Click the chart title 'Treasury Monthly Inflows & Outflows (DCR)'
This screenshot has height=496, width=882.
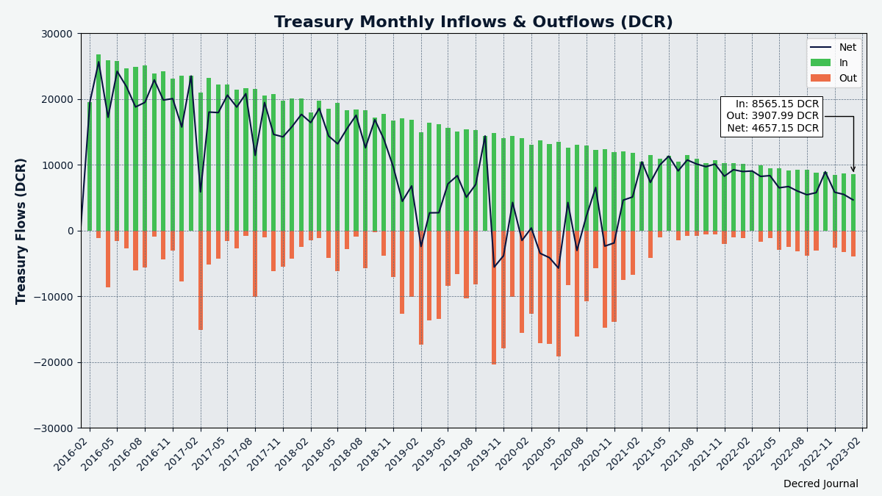pos(473,21)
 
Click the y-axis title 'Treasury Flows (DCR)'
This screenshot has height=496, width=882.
pos(21,231)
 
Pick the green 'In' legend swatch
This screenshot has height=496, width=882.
pos(820,62)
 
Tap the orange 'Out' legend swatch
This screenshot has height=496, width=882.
pos(820,78)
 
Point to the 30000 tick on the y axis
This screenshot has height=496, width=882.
pos(57,35)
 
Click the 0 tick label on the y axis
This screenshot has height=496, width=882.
pos(71,231)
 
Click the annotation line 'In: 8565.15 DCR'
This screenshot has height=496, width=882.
pos(778,104)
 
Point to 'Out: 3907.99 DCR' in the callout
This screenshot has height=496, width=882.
pos(772,116)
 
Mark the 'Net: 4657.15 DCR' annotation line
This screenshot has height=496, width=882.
pos(773,129)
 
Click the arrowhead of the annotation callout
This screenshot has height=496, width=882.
pos(853,170)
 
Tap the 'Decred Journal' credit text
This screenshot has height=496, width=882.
pos(820,484)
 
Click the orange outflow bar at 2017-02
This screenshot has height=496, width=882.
pos(201,280)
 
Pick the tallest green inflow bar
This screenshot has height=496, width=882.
pos(98,143)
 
